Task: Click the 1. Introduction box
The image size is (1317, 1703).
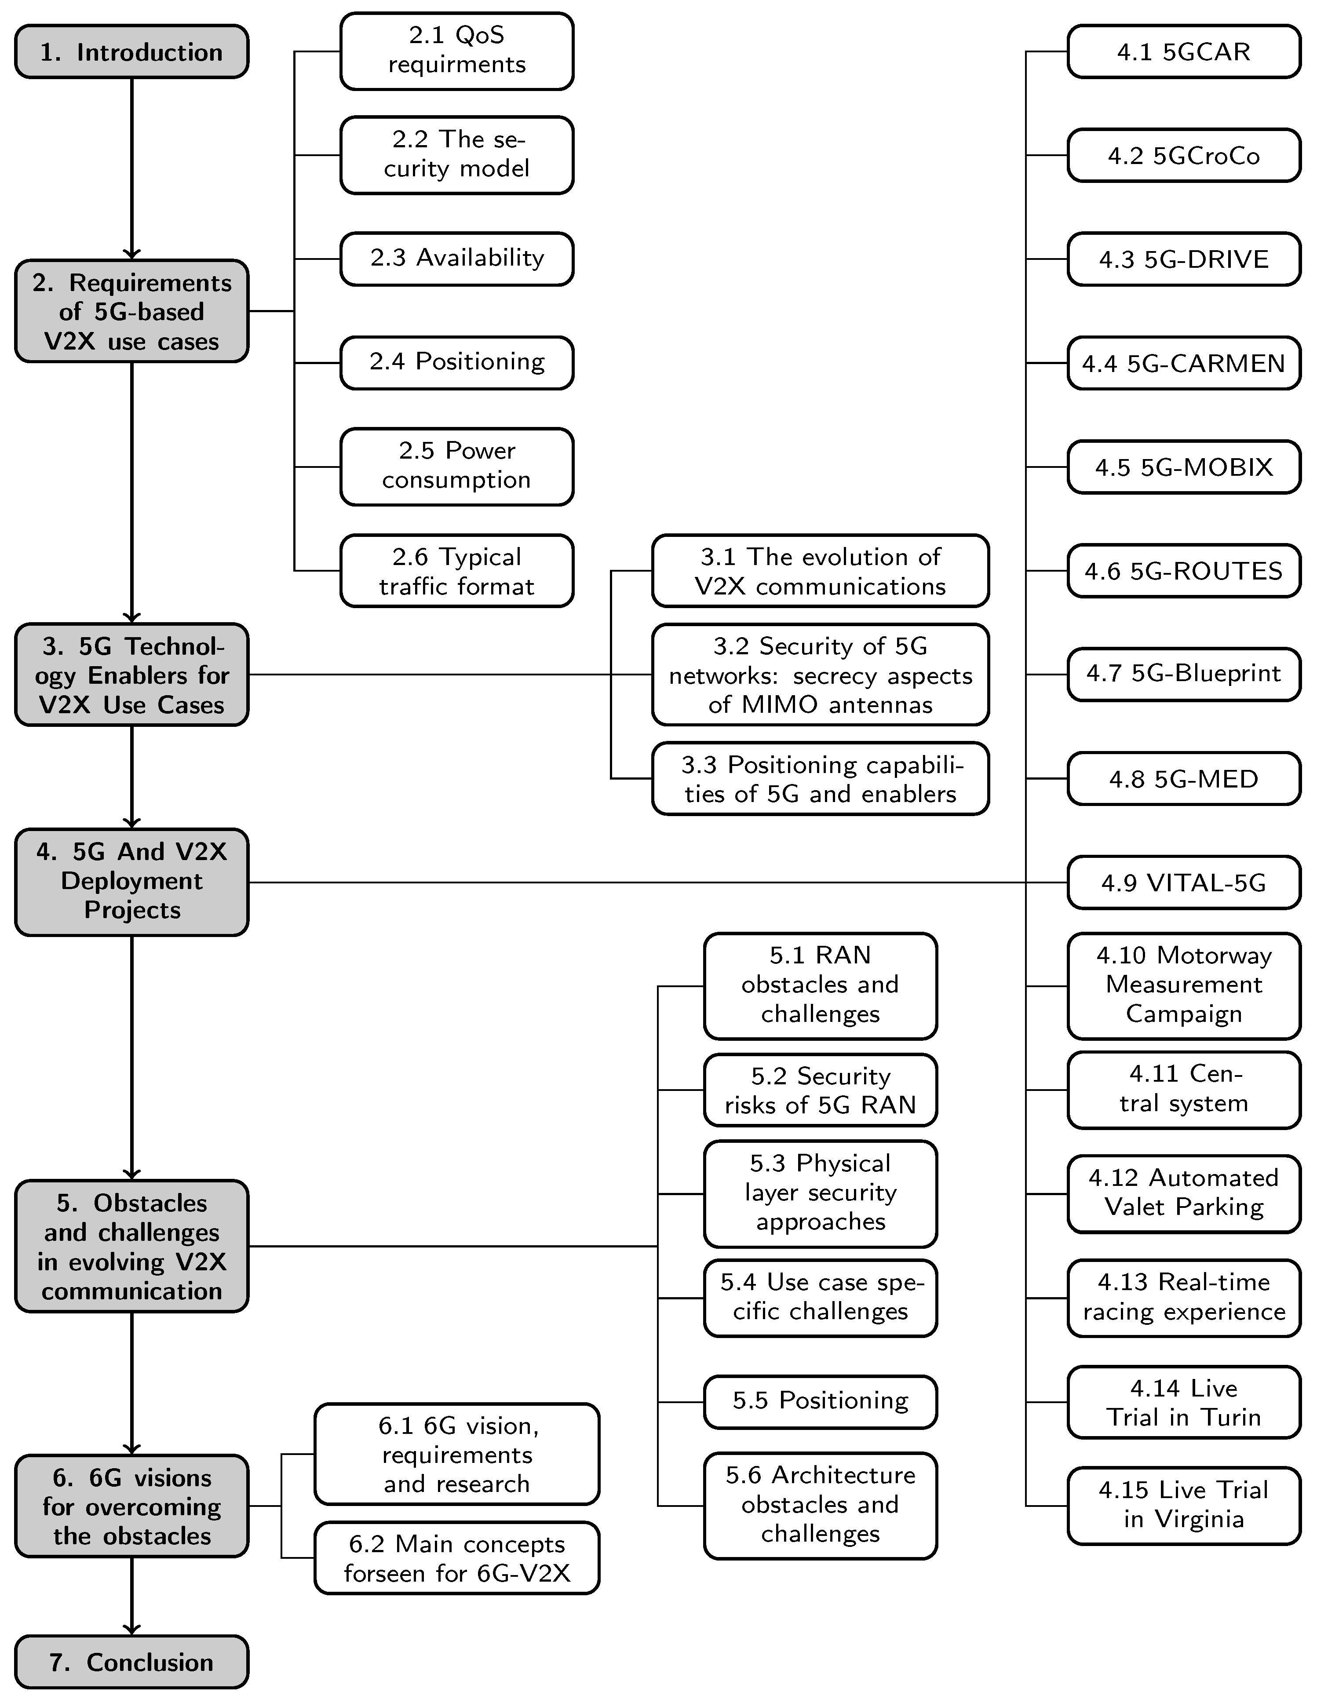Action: point(131,51)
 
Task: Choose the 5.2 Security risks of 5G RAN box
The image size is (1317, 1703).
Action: point(820,1090)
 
